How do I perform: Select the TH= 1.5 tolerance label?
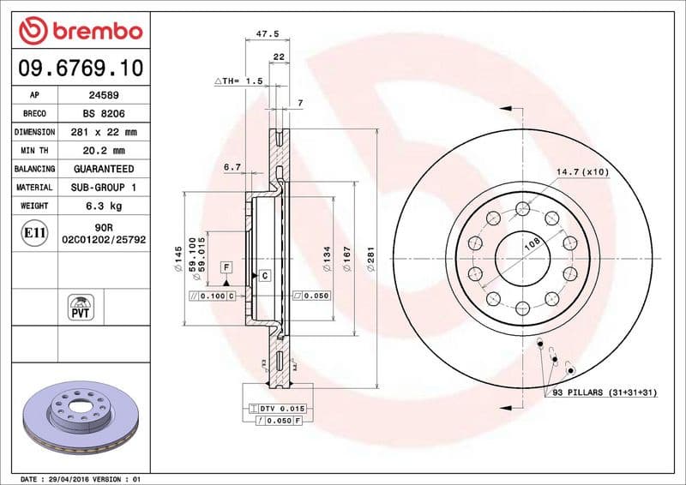(238, 81)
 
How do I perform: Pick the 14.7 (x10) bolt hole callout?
(582, 172)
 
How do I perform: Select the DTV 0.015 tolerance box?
(277, 410)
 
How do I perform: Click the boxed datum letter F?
(226, 267)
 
